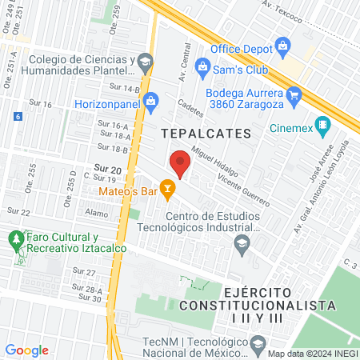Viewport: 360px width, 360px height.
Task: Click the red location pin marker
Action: (181, 162)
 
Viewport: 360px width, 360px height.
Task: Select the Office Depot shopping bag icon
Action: (282, 44)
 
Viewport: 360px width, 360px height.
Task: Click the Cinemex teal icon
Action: (322, 125)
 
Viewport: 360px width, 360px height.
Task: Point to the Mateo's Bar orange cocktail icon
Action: (167, 190)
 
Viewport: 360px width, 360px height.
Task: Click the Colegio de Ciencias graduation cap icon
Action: (145, 60)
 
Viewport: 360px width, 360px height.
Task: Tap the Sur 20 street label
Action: (107, 169)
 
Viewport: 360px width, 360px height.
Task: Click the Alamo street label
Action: (95, 214)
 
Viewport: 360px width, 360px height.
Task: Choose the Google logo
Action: (26, 350)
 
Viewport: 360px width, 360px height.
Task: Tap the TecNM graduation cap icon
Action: (257, 345)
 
